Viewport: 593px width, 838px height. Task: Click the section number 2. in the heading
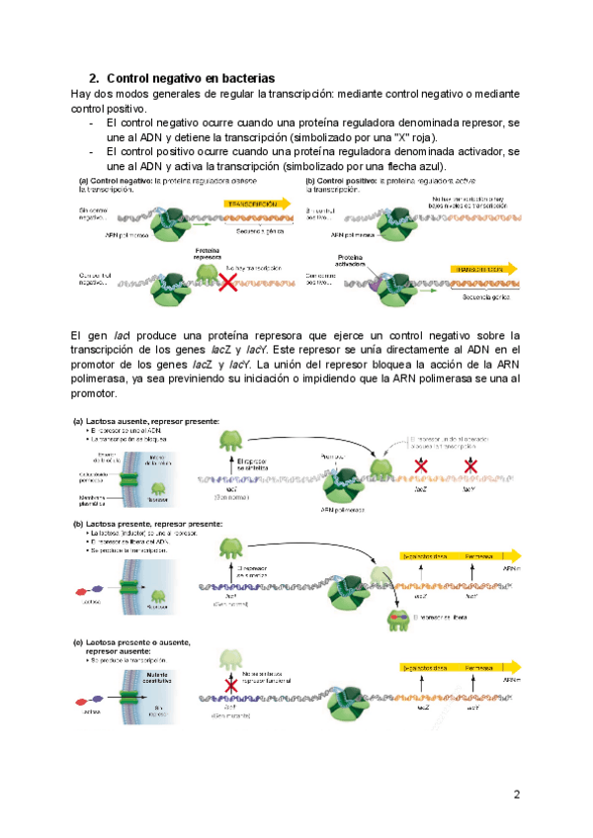(95, 78)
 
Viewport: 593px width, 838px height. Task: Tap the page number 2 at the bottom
(515, 795)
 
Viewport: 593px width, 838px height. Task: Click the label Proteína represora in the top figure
(208, 254)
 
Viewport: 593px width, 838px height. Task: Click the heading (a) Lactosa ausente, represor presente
(148, 421)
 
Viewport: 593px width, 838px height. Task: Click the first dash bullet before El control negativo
(91, 123)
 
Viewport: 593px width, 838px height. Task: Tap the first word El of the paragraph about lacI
(80, 337)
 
